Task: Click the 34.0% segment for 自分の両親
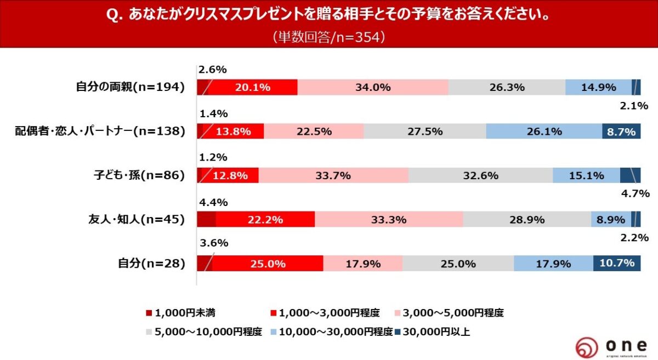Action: (x=373, y=87)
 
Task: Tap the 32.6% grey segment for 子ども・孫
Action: (x=480, y=175)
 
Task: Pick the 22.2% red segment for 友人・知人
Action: (x=265, y=219)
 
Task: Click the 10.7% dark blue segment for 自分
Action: (x=617, y=263)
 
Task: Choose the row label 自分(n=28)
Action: (x=151, y=263)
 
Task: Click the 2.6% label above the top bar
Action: (x=212, y=70)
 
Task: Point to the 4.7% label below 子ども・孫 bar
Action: (x=634, y=193)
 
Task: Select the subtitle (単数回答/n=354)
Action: (x=329, y=37)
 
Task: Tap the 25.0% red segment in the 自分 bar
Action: (x=268, y=263)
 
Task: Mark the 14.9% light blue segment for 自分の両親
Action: (x=598, y=87)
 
